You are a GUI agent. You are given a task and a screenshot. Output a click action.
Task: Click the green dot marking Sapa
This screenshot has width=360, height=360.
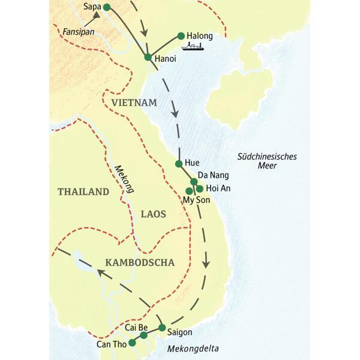coord(107,7)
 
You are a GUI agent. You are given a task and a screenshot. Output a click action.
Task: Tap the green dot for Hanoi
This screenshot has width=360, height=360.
coord(148,57)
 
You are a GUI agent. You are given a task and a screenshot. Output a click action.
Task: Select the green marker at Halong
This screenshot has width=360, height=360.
coord(181,36)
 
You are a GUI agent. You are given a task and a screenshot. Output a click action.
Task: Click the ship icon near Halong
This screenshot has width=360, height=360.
coord(193,46)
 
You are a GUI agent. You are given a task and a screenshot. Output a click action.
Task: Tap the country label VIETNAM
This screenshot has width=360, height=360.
coord(134,103)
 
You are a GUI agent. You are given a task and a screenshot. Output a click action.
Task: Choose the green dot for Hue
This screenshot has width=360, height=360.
coord(178,163)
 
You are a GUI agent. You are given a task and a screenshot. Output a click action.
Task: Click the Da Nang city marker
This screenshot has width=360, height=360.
coord(194,181)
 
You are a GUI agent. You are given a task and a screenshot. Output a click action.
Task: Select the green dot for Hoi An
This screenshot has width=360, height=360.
coord(200,188)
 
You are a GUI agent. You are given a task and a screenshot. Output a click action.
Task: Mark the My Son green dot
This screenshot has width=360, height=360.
coord(189,191)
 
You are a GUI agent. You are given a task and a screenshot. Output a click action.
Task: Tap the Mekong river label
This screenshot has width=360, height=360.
coord(124,179)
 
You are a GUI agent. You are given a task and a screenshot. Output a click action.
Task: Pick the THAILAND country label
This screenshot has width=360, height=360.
coord(83,192)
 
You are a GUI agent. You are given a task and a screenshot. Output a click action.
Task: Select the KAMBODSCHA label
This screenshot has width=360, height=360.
coord(139,262)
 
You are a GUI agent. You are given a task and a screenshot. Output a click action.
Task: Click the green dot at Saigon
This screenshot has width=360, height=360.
coord(162,328)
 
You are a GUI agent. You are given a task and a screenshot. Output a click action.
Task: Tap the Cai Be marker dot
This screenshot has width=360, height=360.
coord(144,335)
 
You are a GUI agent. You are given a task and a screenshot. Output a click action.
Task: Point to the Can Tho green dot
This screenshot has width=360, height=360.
coord(132,343)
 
